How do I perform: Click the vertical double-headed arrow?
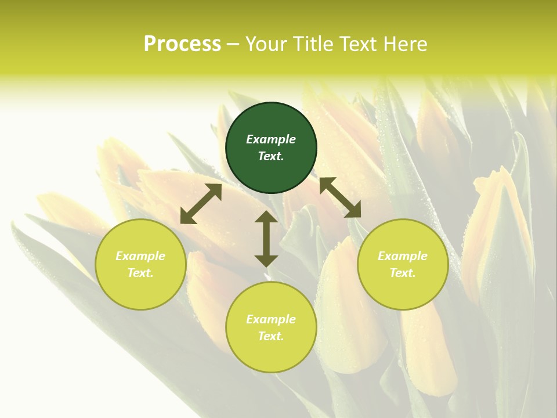click(x=266, y=239)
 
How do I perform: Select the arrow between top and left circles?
click(x=201, y=204)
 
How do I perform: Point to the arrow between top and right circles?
click(x=340, y=197)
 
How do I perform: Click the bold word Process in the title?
click(x=182, y=44)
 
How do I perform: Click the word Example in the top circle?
click(x=271, y=139)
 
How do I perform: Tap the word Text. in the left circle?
click(x=140, y=273)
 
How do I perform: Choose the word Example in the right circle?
click(x=403, y=256)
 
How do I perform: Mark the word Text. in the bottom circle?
click(x=271, y=336)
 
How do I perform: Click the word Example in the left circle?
click(x=140, y=256)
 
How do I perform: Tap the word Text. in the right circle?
click(x=403, y=273)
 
